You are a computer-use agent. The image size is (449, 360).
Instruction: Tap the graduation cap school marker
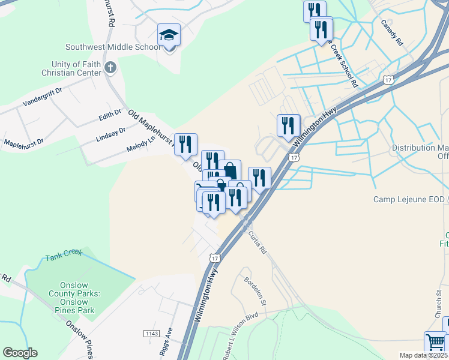169,36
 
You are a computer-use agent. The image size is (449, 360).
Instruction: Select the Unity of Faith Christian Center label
68,68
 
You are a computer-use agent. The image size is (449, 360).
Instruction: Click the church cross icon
109,67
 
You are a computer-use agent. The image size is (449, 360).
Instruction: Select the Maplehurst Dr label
24,143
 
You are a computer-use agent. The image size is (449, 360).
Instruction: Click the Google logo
20,353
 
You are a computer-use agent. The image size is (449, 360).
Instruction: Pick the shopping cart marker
435,342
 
